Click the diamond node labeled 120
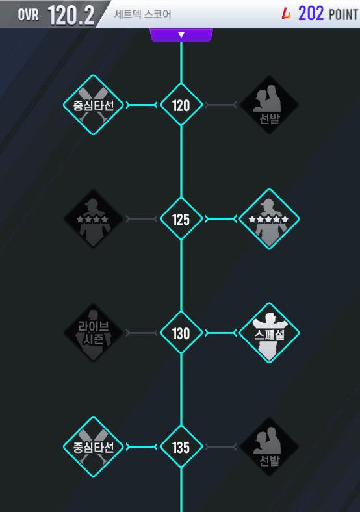point(181,105)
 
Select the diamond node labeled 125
point(181,219)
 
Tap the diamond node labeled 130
point(181,333)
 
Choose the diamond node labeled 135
point(181,446)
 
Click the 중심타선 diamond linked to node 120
point(94,105)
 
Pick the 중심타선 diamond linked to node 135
point(94,447)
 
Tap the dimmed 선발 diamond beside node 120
point(269,105)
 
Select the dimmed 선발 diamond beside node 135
point(269,447)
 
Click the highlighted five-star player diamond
point(269,219)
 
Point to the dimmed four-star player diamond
point(94,219)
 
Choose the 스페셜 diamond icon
point(269,333)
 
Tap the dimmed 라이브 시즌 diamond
point(94,333)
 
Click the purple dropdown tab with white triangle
point(181,35)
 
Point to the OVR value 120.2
point(71,15)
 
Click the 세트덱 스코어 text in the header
point(142,14)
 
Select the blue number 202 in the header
point(311,14)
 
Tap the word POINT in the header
point(343,15)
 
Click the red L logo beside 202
point(287,14)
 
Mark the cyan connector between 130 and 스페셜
point(221,333)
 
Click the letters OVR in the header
point(29,15)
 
